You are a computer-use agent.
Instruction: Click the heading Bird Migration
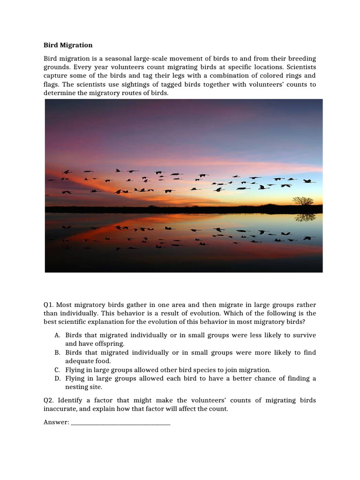pos(68,45)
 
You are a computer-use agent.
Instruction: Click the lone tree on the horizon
pos(303,201)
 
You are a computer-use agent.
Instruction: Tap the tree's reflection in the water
pos(305,217)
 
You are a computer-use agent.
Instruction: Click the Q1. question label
pos(49,305)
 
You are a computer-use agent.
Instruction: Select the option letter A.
pos(57,335)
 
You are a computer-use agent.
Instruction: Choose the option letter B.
pos(57,352)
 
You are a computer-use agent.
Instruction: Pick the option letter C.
pos(57,370)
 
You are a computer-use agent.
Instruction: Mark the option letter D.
pos(57,378)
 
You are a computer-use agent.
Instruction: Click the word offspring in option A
pos(111,344)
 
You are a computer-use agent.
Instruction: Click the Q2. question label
pos(49,400)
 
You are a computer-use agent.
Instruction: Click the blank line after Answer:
pos(120,422)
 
